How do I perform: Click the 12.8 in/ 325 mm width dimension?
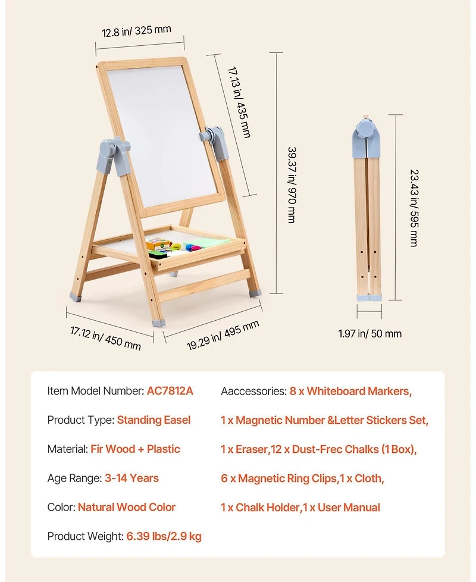point(137,30)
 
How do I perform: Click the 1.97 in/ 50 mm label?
point(369,333)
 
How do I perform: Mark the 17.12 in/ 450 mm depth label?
point(105,337)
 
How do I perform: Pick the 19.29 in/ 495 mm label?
point(223,336)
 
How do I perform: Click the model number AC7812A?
point(170,391)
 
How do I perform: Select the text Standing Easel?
point(154,420)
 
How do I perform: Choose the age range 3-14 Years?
point(131,478)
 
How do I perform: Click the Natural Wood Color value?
point(127,508)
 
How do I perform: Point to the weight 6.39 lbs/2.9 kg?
point(164,537)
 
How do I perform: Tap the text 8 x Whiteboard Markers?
point(350,391)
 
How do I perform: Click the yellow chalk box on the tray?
point(158,243)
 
